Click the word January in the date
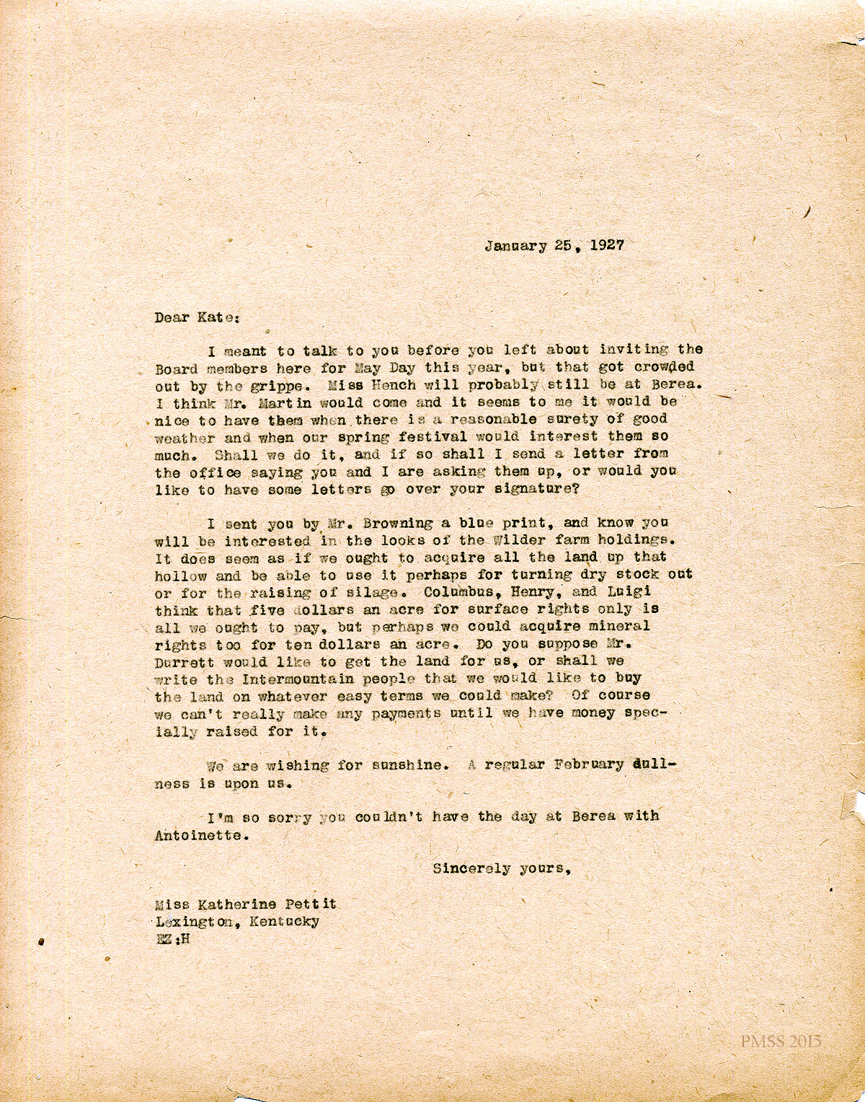coord(516,245)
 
